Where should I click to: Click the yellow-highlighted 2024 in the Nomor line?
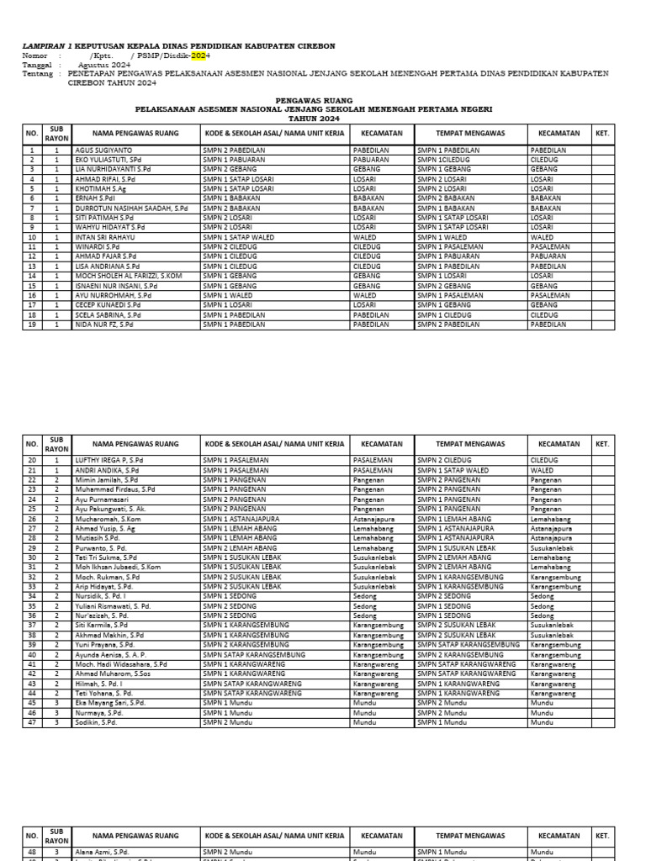click(199, 55)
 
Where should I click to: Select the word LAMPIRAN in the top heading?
click(43, 45)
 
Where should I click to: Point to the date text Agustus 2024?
click(104, 65)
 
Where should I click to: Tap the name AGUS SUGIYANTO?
click(104, 150)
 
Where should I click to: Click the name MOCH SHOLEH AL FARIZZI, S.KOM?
click(128, 276)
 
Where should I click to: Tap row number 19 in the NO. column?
click(31, 325)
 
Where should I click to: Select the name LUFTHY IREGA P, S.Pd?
click(109, 461)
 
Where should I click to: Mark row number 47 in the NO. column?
click(31, 722)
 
